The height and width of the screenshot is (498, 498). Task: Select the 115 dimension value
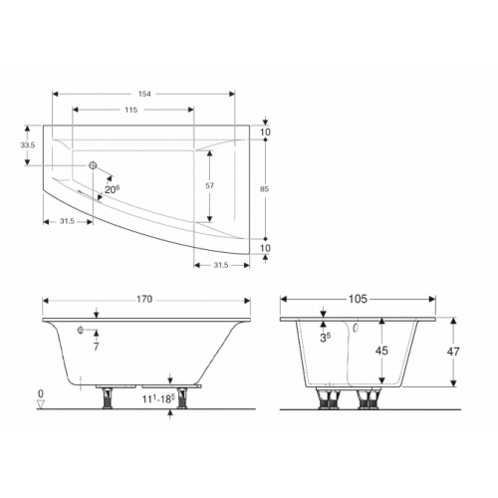click(x=130, y=110)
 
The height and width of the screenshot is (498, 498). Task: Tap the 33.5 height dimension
click(x=28, y=145)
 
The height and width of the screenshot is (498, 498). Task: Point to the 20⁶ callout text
click(x=111, y=188)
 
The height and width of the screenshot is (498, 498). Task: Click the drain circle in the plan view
click(x=93, y=165)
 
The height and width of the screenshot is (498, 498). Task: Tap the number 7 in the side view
click(x=96, y=348)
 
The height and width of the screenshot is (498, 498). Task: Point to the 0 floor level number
click(x=41, y=394)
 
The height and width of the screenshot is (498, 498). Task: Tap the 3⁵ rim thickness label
click(x=325, y=338)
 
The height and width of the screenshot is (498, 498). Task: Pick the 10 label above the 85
click(x=266, y=132)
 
